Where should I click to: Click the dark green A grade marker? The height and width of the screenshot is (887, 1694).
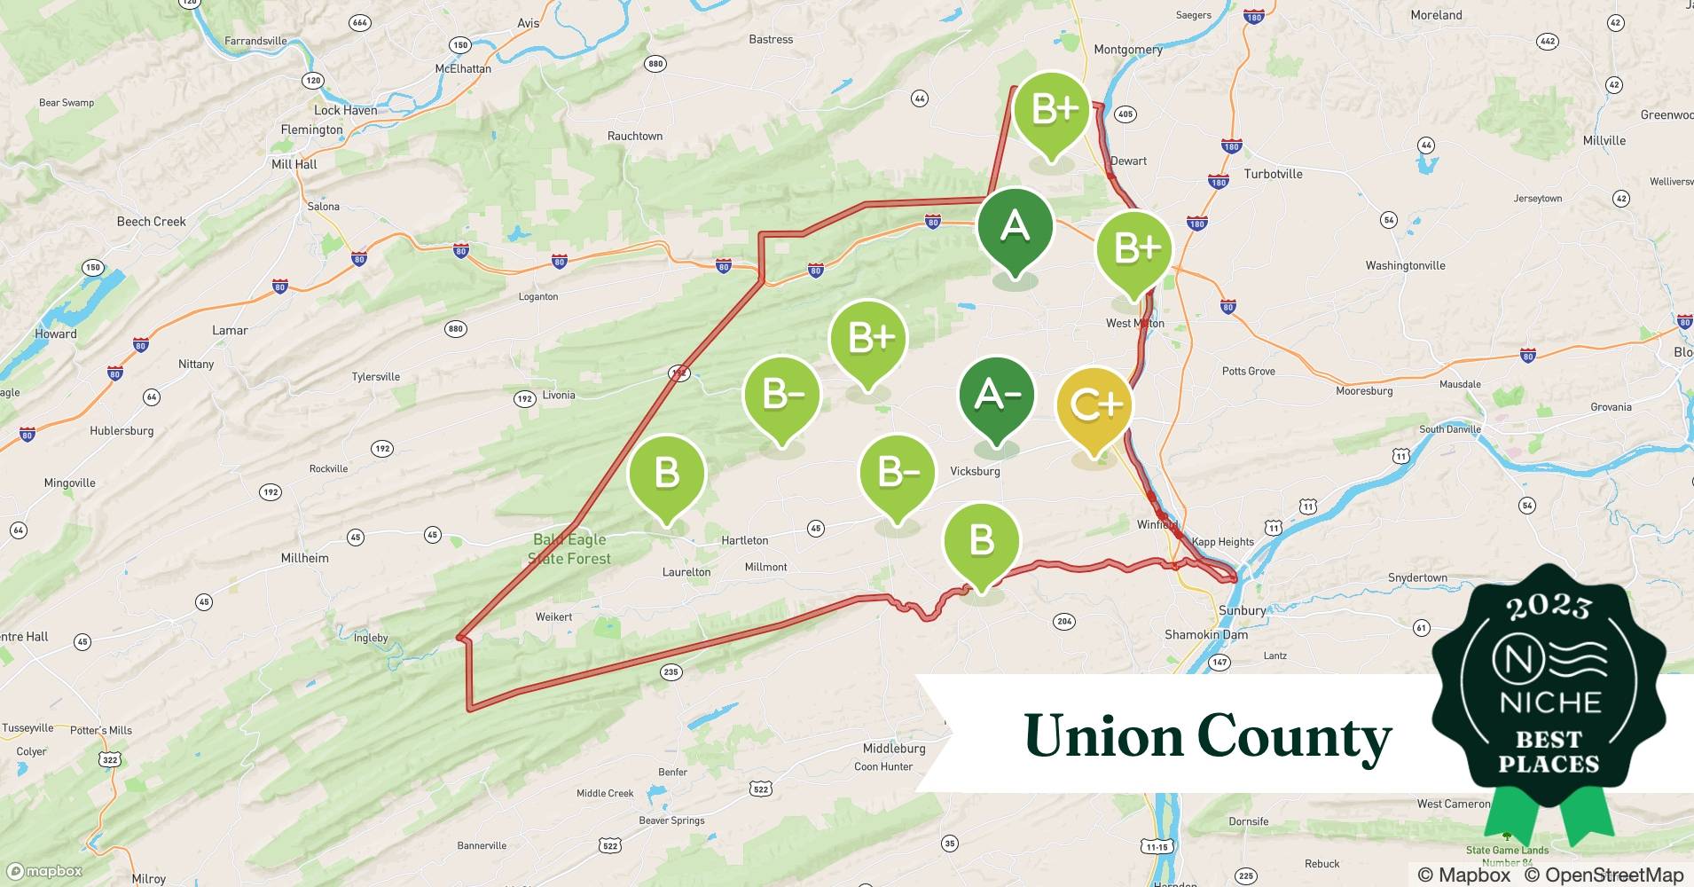pyautogui.click(x=1015, y=228)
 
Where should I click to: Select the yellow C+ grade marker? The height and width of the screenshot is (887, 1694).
pyautogui.click(x=1095, y=406)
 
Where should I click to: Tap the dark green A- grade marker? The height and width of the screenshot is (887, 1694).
pyautogui.click(x=997, y=396)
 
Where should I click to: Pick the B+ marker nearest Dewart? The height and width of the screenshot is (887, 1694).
pyautogui.click(x=1052, y=110)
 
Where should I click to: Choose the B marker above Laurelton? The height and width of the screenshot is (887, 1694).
pyautogui.click(x=667, y=474)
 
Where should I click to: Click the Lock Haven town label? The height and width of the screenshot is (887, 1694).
pyautogui.click(x=345, y=110)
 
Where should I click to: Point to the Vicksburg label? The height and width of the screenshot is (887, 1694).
pyautogui.click(x=975, y=471)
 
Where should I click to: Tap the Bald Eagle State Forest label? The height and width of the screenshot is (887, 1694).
pyautogui.click(x=569, y=549)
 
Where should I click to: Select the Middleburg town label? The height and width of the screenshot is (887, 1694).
pyautogui.click(x=894, y=748)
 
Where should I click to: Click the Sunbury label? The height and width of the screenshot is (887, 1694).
pyautogui.click(x=1242, y=610)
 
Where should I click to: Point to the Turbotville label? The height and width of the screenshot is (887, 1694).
pyautogui.click(x=1273, y=174)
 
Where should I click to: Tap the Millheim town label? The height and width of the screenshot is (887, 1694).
pyautogui.click(x=304, y=558)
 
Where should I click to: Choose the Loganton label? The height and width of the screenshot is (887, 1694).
pyautogui.click(x=538, y=296)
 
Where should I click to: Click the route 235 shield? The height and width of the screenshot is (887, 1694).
pyautogui.click(x=671, y=672)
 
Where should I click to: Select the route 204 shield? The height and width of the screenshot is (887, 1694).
pyautogui.click(x=1064, y=621)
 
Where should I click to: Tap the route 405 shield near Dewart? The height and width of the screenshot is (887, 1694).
pyautogui.click(x=1125, y=114)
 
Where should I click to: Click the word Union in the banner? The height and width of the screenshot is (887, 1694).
pyautogui.click(x=1103, y=736)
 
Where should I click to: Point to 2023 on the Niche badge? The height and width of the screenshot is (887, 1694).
pyautogui.click(x=1549, y=607)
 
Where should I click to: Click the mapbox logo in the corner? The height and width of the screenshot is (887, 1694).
pyautogui.click(x=44, y=871)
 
